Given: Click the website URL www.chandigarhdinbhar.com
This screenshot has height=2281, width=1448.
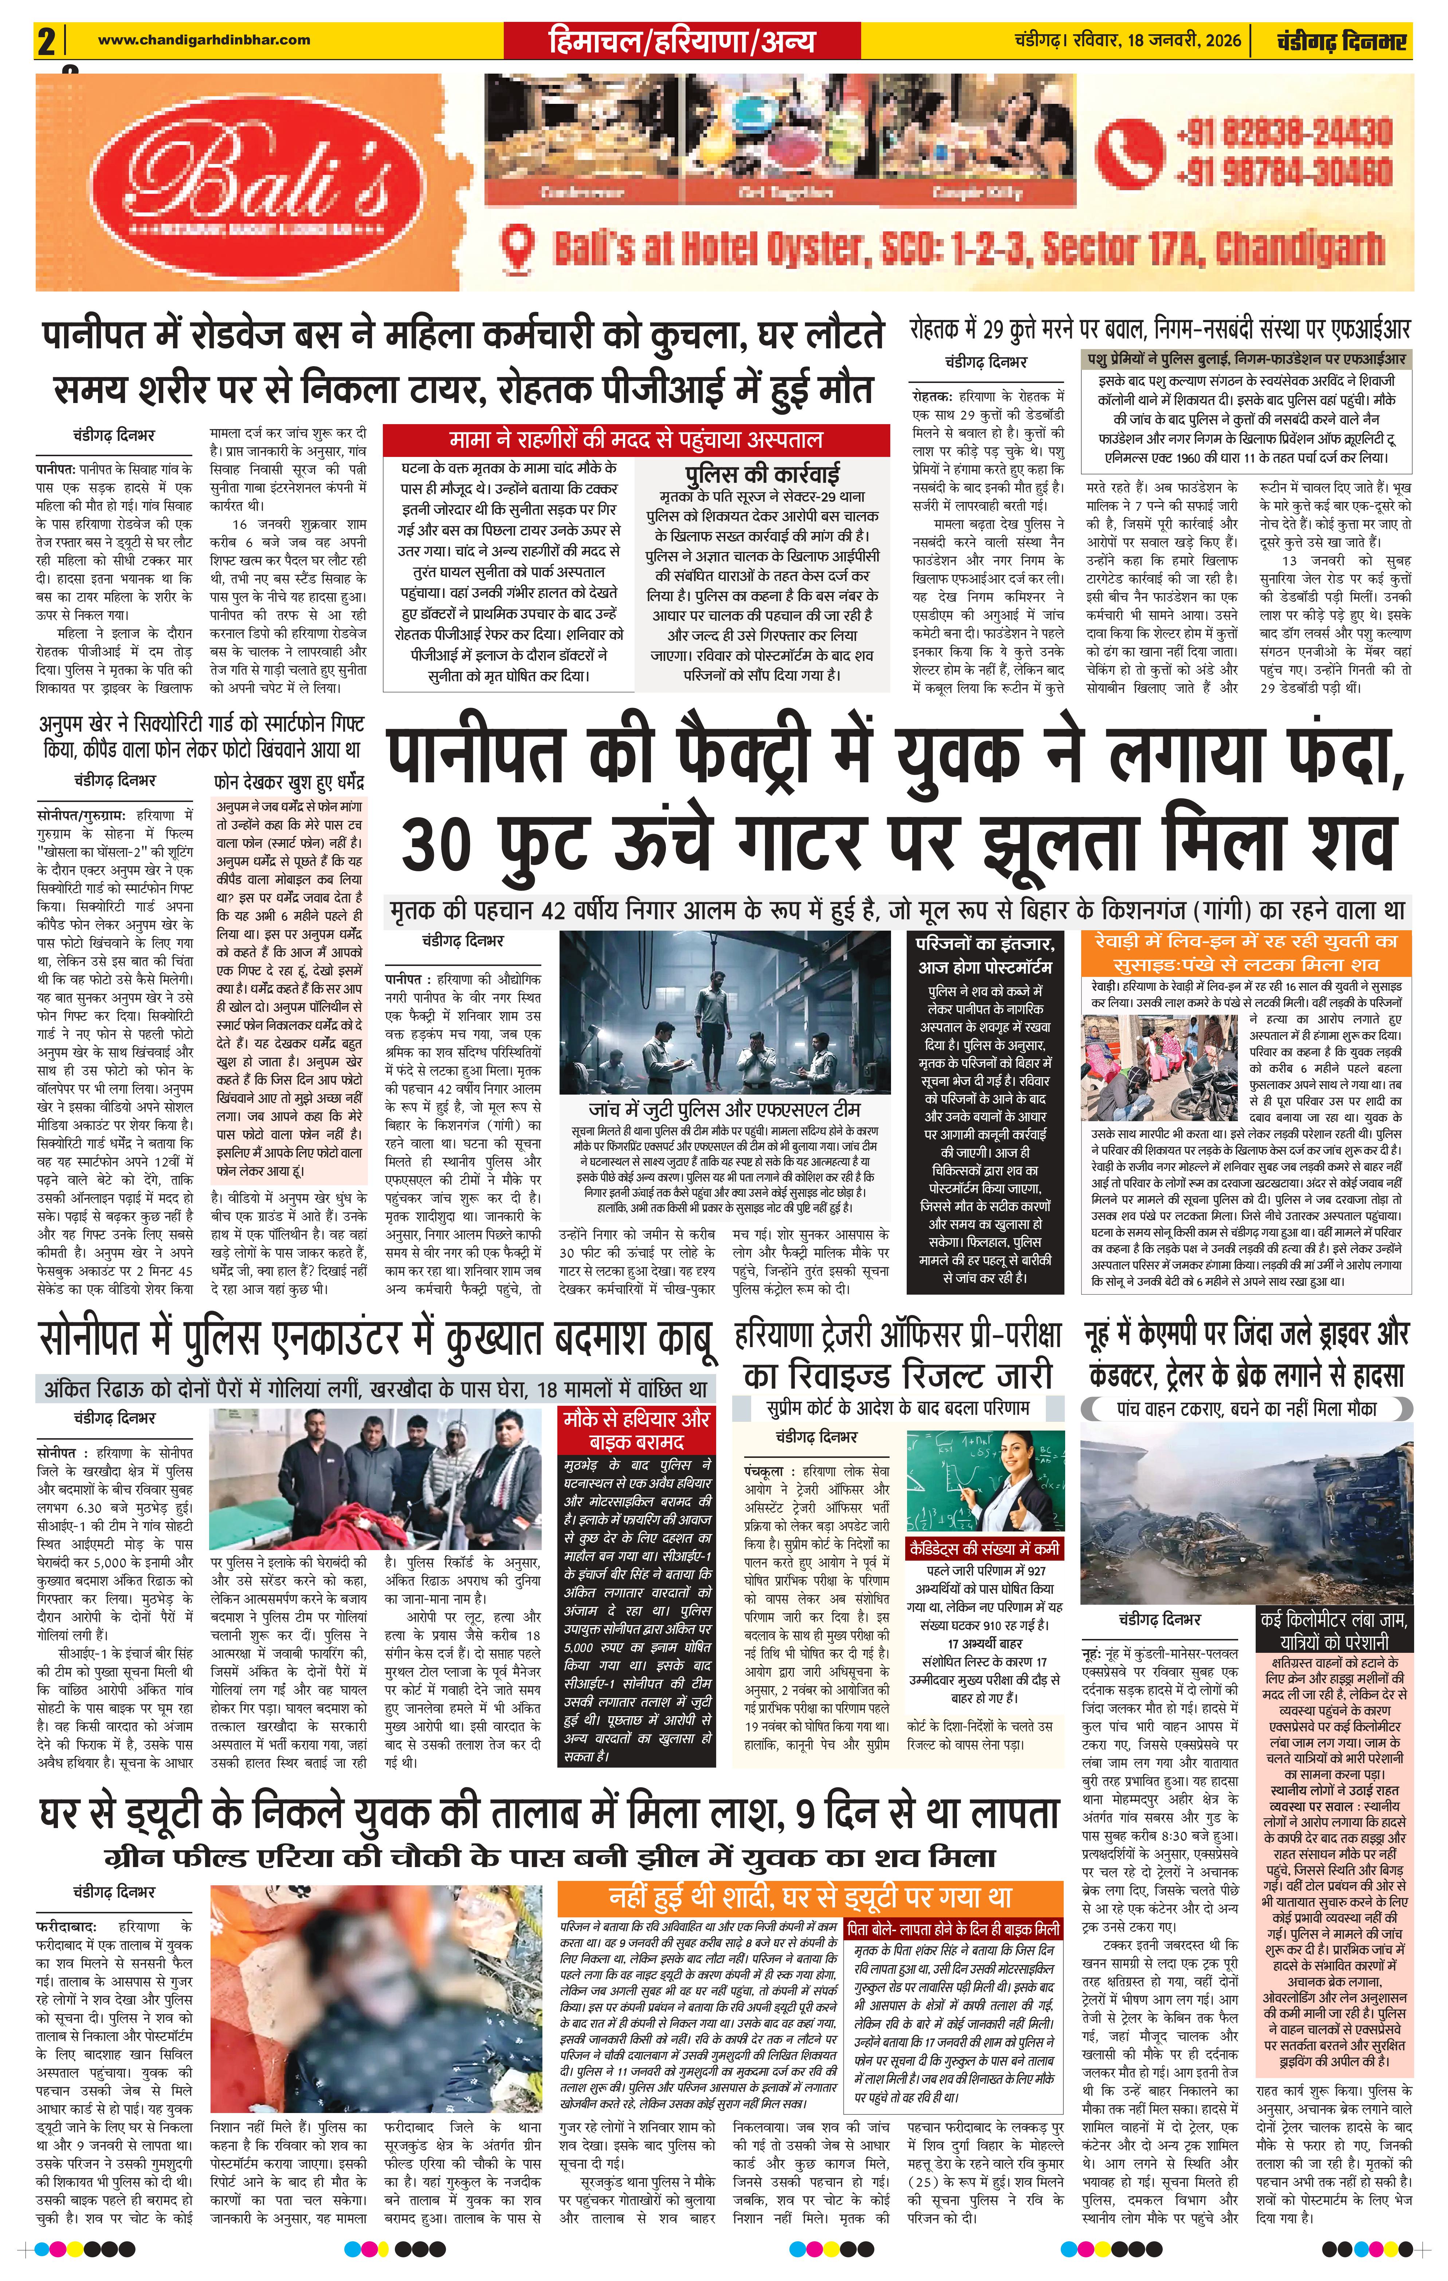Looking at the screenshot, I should [x=204, y=40].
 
